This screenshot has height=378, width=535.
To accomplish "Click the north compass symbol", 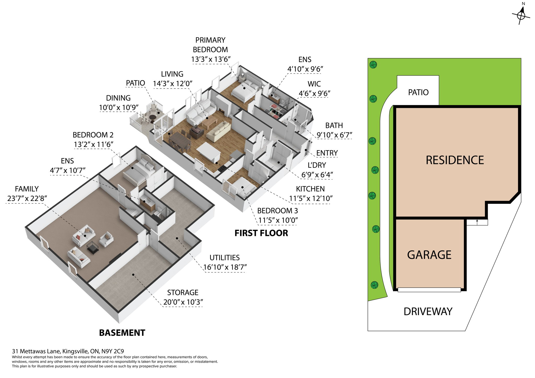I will (x=521, y=15).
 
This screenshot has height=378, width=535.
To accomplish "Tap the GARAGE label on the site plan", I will (x=429, y=255).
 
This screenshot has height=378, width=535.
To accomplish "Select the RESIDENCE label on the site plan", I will (x=455, y=160).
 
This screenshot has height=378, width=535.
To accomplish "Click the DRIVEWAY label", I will (x=428, y=311).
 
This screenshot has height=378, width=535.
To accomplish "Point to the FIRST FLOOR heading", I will (x=261, y=233).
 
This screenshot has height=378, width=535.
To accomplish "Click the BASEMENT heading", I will (x=122, y=333).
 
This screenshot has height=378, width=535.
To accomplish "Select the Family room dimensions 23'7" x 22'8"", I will (x=27, y=198).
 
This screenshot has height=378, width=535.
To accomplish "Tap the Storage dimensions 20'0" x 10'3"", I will (x=183, y=302).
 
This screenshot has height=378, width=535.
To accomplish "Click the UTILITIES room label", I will (x=225, y=258).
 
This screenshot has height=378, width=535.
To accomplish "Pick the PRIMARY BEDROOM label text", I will (x=210, y=45).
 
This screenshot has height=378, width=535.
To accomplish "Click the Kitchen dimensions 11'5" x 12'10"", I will (x=311, y=198).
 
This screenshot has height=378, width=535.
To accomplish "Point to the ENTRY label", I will (x=327, y=153).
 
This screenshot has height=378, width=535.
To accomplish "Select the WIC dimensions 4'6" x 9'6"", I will (x=315, y=93).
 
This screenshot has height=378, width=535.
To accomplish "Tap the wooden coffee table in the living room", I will (x=209, y=122).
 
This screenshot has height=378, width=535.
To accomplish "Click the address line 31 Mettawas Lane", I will (x=68, y=351).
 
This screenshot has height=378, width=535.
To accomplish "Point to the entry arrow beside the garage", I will (x=477, y=222).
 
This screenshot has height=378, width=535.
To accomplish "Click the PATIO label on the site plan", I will (x=418, y=92).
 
